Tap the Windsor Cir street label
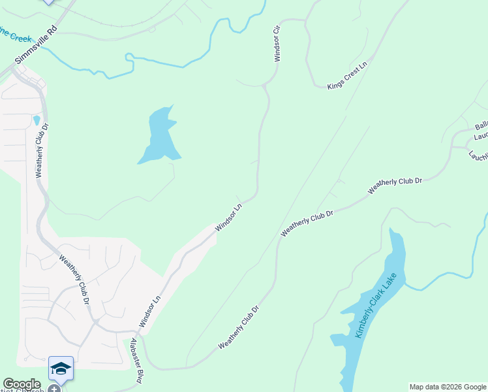pos(277,43)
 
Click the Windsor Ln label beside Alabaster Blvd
pos(149,312)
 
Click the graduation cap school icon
pos(61,369)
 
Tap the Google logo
pos(22,384)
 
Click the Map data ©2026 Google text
pos(448,387)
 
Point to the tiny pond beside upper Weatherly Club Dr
pos(36,120)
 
